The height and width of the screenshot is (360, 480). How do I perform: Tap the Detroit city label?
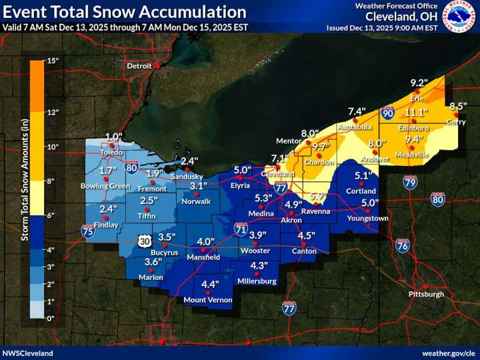(139, 66)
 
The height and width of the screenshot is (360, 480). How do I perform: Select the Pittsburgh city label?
(425, 294)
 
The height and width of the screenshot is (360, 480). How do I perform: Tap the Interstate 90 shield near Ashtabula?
(387, 114)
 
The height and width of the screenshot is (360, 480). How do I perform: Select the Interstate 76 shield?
(402, 245)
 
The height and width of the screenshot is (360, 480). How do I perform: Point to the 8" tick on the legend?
(52, 181)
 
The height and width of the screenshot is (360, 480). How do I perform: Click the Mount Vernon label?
(208, 300)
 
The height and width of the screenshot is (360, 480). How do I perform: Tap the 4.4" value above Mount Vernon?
(210, 284)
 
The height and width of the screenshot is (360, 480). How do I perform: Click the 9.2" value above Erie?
(419, 83)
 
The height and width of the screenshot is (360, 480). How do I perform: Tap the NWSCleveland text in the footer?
(27, 353)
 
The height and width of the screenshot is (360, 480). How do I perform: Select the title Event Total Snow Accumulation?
(124, 12)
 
